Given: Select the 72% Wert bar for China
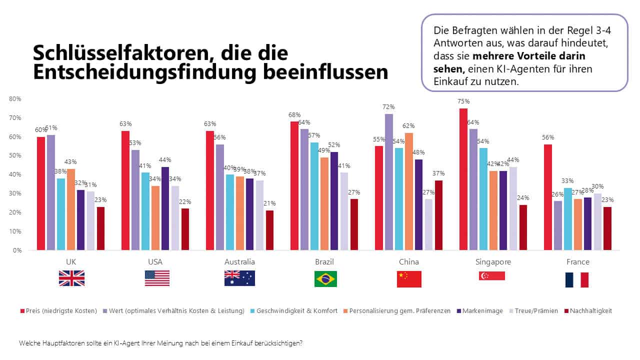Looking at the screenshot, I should click(389, 182).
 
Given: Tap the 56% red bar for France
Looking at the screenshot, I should click(548, 197).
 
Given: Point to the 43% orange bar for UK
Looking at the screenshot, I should click(70, 209).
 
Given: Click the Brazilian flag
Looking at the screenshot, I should click(325, 279).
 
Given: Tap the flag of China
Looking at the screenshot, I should click(409, 279).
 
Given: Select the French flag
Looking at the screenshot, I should click(576, 279).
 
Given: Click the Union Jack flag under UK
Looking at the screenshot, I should click(71, 278).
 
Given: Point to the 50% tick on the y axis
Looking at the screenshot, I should click(15, 155).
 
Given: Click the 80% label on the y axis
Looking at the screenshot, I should click(15, 99).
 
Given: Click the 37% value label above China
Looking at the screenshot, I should click(438, 173).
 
